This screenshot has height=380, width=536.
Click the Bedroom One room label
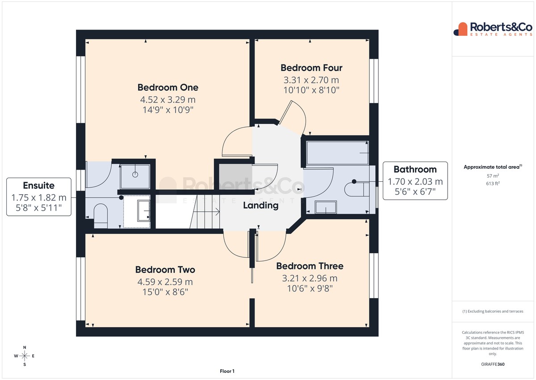168,88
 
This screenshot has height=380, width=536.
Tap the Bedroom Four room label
311,68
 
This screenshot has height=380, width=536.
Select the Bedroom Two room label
165,270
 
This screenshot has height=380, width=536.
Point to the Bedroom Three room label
310,266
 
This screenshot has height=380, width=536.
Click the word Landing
261,206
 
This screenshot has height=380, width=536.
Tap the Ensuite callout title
39,186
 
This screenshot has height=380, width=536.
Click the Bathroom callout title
415,170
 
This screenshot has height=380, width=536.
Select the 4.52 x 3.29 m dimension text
168,99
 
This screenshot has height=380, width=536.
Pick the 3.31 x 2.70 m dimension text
311,80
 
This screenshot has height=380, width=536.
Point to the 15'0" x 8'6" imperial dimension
165,292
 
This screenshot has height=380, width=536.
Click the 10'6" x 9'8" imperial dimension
310,288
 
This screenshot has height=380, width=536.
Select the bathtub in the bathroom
337,153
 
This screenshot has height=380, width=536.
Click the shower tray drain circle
135,175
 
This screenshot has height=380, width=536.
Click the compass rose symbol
25,356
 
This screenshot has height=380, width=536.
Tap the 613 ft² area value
493,184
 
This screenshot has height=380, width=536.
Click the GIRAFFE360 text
493,364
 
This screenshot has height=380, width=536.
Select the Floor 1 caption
227,371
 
